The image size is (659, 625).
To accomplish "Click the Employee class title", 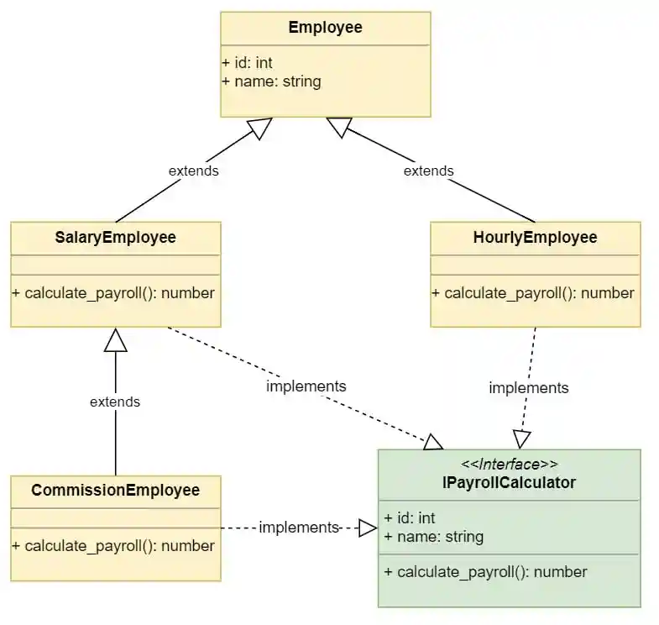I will click(x=325, y=28).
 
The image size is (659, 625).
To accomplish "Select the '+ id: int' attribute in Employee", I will click(x=248, y=63).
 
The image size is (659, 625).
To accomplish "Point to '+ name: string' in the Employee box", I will click(x=271, y=81).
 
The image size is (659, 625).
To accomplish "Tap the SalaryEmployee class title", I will click(x=115, y=238).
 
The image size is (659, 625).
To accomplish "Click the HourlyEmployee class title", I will click(x=535, y=238).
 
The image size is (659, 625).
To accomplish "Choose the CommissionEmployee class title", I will click(x=115, y=490).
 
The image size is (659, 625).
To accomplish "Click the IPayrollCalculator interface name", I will click(x=509, y=483).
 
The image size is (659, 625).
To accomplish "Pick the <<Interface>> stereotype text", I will click(x=509, y=465).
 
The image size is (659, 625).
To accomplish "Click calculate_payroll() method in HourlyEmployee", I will click(x=533, y=293).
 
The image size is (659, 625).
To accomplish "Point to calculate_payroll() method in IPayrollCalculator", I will click(x=485, y=572).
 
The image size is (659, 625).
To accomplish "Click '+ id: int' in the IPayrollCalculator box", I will click(x=410, y=518).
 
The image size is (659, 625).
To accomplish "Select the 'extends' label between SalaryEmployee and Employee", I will click(x=193, y=171).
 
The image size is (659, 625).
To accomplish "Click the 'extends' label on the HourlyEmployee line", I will click(x=428, y=171).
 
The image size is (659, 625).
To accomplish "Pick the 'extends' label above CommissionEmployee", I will click(x=115, y=402).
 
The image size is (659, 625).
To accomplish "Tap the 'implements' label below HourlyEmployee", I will click(x=529, y=388).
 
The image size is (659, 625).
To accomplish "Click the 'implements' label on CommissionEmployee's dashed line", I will click(x=298, y=528).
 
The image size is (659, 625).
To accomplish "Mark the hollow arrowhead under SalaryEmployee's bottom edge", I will click(x=115, y=339).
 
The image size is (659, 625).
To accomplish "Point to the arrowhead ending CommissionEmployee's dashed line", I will click(x=368, y=528).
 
